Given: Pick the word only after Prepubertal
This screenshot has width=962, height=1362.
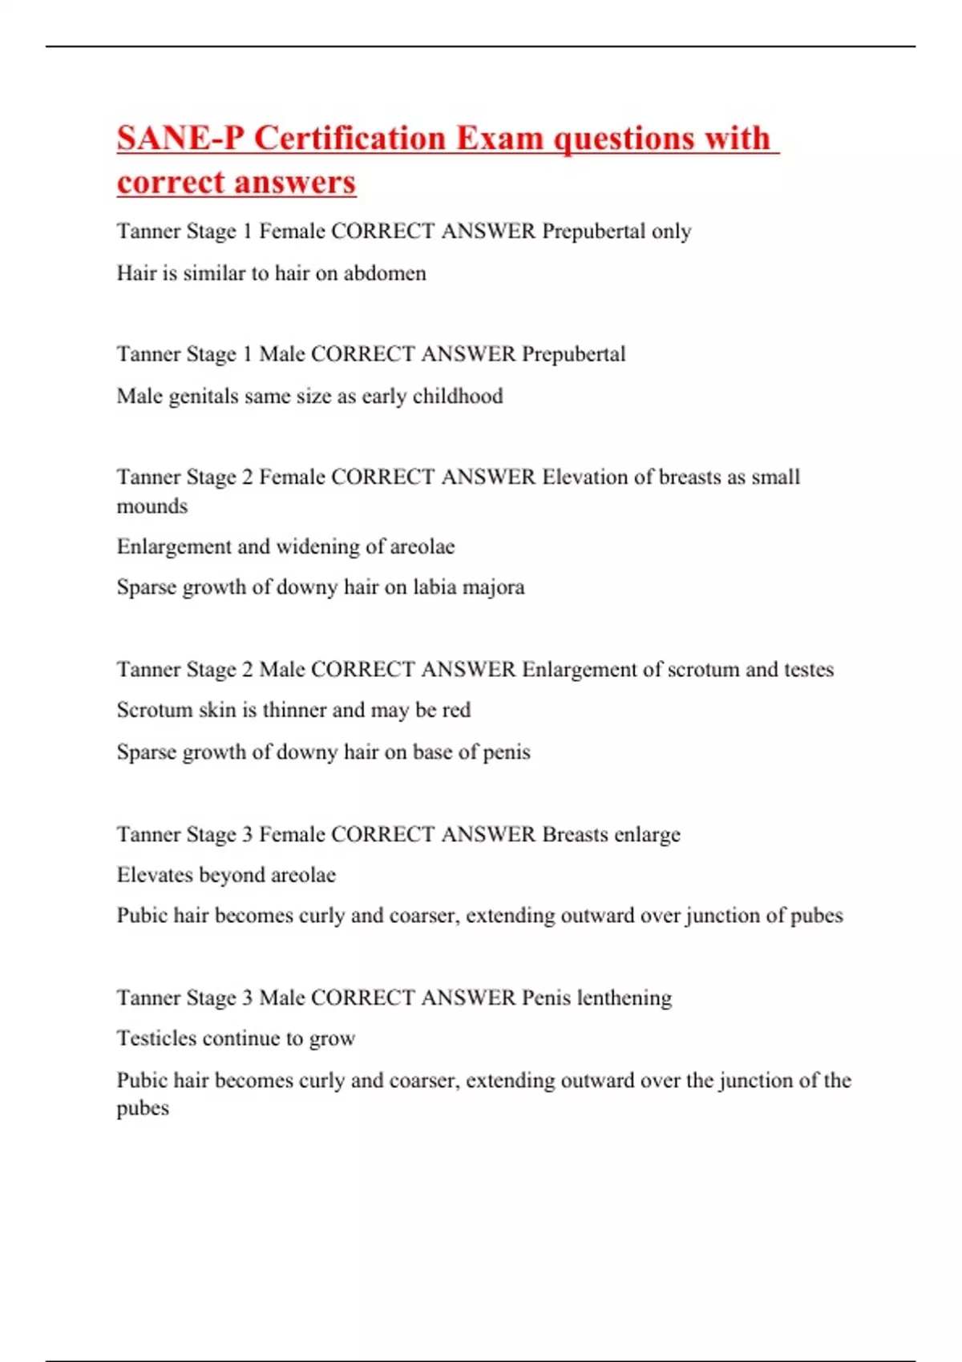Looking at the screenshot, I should [671, 232].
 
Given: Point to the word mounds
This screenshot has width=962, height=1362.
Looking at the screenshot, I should [152, 507].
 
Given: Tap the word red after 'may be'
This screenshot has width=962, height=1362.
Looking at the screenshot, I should [456, 711].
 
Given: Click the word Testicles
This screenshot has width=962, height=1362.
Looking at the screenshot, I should [156, 1038].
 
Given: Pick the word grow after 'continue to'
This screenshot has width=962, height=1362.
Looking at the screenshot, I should [332, 1040].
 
